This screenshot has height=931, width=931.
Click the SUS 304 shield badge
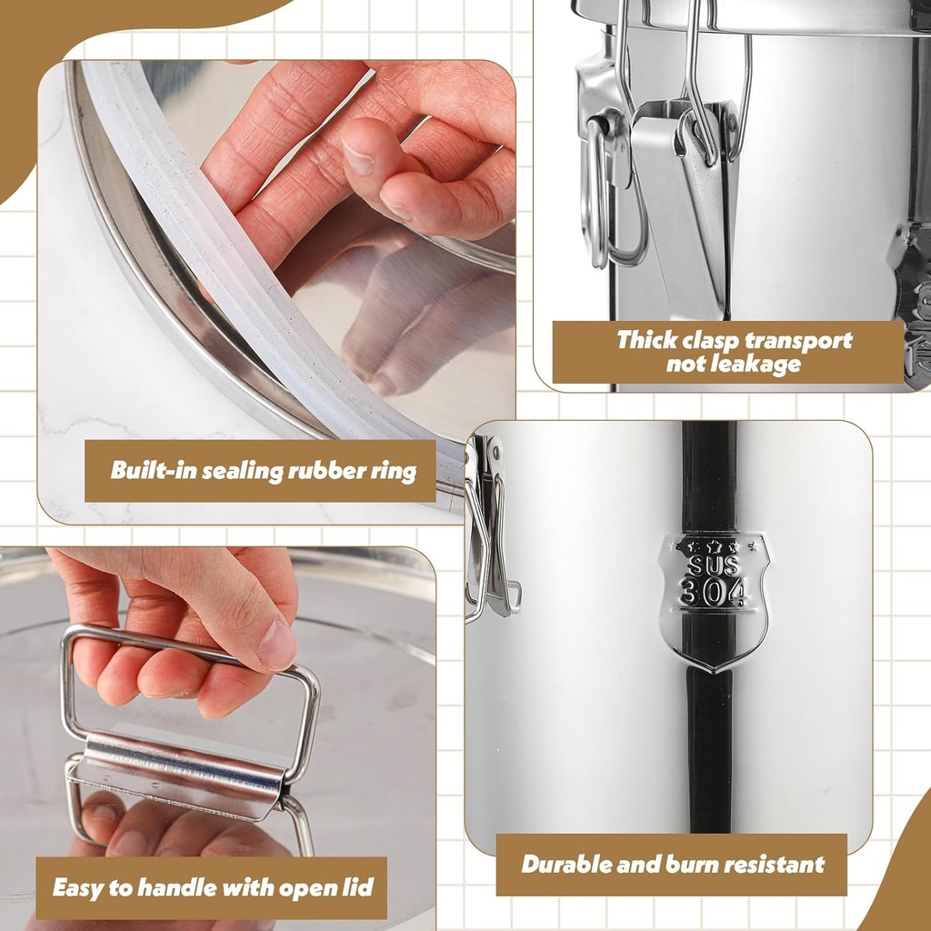coord(715,601)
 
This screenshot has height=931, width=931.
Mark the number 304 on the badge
coord(714,593)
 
